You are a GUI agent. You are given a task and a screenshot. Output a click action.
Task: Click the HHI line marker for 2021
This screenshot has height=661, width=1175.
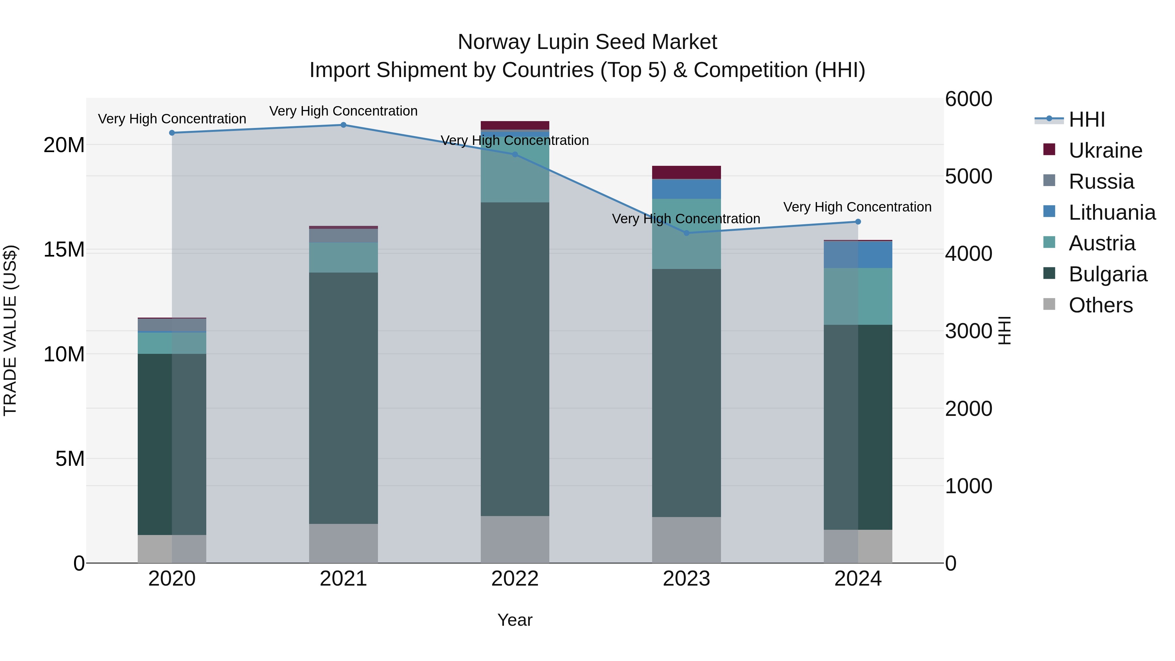click(343, 125)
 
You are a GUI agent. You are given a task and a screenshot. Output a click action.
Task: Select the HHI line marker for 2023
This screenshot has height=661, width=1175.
click(686, 233)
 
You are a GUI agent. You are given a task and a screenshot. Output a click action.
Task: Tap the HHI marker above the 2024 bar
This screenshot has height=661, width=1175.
click(858, 222)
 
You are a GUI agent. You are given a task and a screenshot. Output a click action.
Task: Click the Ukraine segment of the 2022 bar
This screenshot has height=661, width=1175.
click(515, 125)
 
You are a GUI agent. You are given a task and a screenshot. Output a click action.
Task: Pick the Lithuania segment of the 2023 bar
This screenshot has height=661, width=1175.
click(686, 189)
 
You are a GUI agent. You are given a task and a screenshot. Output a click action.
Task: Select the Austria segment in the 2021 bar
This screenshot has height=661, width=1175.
click(343, 258)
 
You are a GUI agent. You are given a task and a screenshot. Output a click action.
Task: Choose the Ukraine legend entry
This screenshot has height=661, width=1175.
click(1105, 150)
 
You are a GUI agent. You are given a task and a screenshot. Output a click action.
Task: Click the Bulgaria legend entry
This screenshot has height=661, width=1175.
click(1107, 274)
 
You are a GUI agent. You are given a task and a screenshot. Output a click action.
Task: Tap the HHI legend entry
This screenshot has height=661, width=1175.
click(1087, 119)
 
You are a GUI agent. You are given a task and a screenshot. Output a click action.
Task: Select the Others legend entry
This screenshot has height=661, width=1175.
click(1100, 305)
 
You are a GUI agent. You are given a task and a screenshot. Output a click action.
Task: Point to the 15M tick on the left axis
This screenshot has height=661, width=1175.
click(64, 249)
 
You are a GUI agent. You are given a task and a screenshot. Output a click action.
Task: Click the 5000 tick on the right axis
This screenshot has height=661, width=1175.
click(968, 177)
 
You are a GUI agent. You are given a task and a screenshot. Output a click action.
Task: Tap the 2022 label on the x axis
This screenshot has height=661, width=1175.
click(515, 579)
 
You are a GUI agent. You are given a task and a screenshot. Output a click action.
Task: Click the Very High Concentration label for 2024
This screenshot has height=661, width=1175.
click(857, 207)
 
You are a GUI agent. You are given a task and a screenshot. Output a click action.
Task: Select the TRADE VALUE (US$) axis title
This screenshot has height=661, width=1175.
click(10, 330)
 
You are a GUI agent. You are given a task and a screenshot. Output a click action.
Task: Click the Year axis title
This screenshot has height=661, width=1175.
click(515, 620)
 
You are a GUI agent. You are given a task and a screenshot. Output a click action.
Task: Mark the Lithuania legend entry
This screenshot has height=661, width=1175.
click(1112, 212)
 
